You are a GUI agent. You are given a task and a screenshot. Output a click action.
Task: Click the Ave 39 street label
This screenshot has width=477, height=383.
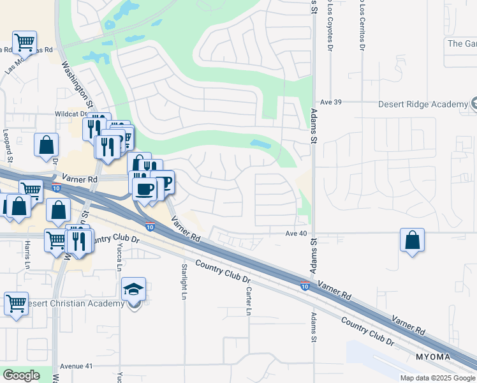[332, 102]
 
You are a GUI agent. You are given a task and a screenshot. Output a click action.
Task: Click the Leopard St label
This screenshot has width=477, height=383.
[8, 146]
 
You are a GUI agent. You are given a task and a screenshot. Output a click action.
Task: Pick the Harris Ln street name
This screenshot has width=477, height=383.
[27, 253]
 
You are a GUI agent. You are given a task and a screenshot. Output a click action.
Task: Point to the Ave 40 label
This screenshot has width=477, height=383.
[297, 234]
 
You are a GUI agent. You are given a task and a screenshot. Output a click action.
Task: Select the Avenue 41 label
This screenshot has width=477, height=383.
[76, 366]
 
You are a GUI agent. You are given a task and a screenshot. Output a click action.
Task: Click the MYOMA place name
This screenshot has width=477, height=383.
[433, 356]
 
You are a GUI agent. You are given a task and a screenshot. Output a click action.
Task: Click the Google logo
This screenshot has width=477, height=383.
[21, 375]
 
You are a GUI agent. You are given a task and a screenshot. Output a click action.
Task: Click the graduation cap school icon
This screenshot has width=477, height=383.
[135, 289]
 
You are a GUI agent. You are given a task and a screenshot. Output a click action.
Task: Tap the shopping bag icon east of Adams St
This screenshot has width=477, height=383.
[412, 241]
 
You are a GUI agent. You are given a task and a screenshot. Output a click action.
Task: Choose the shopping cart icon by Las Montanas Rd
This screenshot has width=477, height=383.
[24, 43]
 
